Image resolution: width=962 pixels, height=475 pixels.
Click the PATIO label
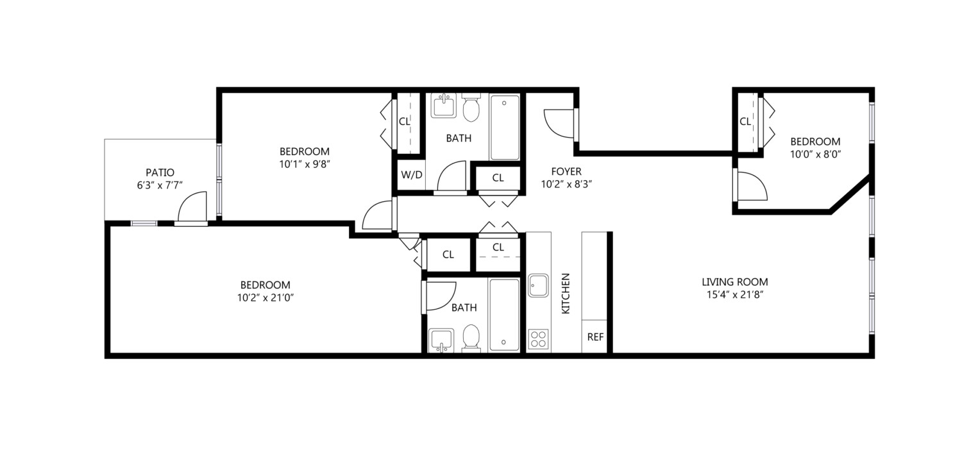[x=160, y=172]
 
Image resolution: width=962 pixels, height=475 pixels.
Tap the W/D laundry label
[x=412, y=174]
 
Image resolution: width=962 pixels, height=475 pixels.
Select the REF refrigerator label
[x=595, y=337]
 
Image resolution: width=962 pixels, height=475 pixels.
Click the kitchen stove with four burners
[x=539, y=339]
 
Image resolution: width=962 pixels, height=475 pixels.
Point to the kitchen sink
[x=539, y=285]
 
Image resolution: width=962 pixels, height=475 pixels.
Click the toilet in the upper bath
[x=471, y=108]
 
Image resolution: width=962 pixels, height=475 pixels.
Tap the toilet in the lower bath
[x=471, y=338]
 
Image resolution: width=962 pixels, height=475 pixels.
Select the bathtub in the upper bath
[x=505, y=128]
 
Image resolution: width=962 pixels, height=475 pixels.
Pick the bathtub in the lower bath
[x=504, y=315]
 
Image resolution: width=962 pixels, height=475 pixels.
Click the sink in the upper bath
[x=444, y=105]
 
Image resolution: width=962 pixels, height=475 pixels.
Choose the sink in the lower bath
[x=441, y=340]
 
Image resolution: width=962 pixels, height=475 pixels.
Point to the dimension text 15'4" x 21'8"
[x=735, y=295]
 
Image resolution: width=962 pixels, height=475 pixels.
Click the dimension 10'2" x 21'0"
[x=266, y=298]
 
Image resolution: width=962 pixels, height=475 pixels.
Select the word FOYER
[x=566, y=172]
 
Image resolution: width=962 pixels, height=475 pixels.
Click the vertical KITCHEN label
[x=566, y=294]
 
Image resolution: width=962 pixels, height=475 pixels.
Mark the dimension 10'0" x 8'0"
[x=816, y=154]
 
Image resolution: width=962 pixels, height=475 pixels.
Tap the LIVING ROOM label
[x=735, y=282]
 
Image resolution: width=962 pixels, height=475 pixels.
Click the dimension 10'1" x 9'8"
[x=305, y=164]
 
